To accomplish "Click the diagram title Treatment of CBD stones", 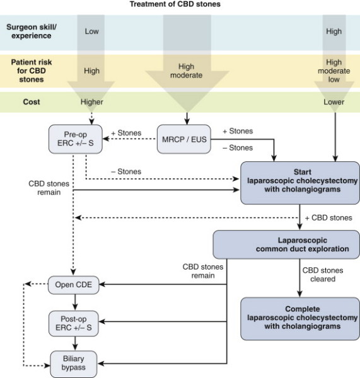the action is click(x=175, y=4).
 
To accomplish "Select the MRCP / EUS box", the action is click(x=184, y=139).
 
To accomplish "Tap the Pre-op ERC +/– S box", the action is click(x=75, y=139).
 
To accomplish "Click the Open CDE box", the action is click(x=74, y=285).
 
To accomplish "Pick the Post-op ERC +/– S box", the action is click(x=74, y=324).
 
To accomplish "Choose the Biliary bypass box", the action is click(x=74, y=364).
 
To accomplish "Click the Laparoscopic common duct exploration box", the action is click(x=286, y=244).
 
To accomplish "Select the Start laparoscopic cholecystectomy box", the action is click(x=300, y=183).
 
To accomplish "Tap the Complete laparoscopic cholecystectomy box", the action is click(x=300, y=319).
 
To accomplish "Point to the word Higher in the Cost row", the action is click(x=91, y=102).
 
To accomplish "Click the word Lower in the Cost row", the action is click(x=334, y=102).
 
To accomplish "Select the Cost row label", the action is click(x=32, y=101).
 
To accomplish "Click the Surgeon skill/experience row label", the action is click(x=32, y=31).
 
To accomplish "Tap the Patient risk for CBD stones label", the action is click(x=32, y=71).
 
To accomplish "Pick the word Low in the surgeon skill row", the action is click(x=91, y=31).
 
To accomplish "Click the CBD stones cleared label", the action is click(x=323, y=275).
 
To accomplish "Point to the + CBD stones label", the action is click(x=328, y=218).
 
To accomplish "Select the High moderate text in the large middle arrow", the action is click(x=186, y=71).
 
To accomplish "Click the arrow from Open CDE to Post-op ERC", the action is click(x=75, y=302).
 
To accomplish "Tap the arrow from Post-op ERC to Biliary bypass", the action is click(x=75, y=343).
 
